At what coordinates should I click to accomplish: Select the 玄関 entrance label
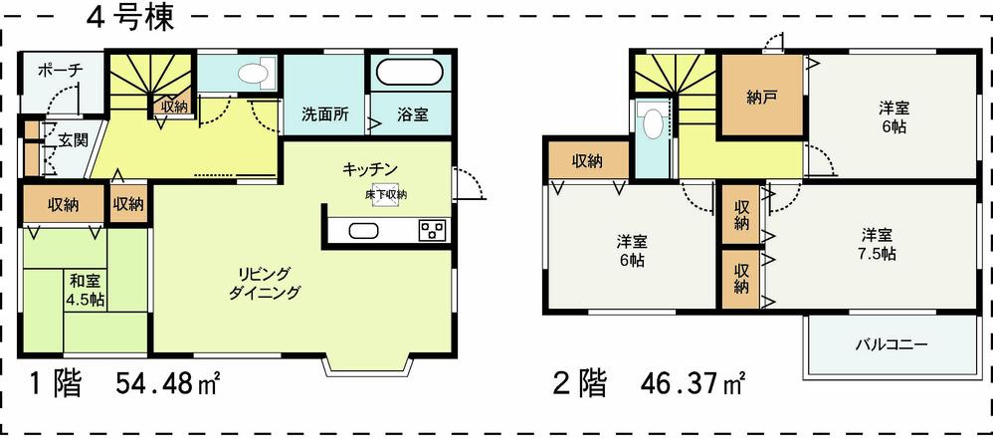click(72, 139)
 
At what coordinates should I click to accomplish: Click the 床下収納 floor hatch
click(385, 195)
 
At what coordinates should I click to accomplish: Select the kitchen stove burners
click(433, 232)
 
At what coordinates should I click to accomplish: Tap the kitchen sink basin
click(361, 232)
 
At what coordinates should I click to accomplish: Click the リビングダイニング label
click(264, 284)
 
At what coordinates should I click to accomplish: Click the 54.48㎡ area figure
click(168, 383)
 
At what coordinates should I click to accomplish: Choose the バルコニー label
click(892, 345)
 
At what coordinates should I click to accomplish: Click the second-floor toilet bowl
click(653, 123)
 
